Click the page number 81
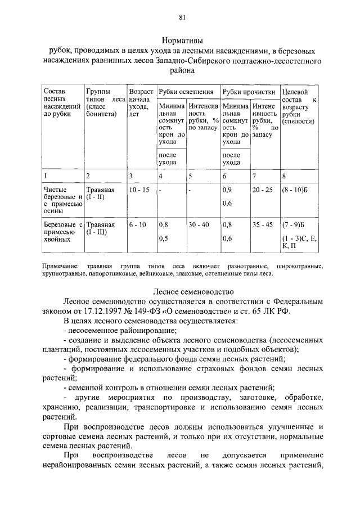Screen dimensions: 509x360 pyautogui.click(x=182, y=17)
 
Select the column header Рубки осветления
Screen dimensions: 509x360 pyautogui.click(x=186, y=92)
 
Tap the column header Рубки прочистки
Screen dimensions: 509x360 pyautogui.click(x=248, y=92)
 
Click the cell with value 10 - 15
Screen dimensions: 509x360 pyautogui.click(x=139, y=190)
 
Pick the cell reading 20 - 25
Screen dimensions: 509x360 pyautogui.click(x=263, y=190)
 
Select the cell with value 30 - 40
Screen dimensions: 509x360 pyautogui.click(x=199, y=224)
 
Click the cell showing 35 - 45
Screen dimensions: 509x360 pyautogui.click(x=263, y=224)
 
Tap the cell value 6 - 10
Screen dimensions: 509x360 pyautogui.click(x=137, y=224)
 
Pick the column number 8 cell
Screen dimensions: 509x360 pyautogui.click(x=284, y=176)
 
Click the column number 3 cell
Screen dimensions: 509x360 pyautogui.click(x=130, y=176)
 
